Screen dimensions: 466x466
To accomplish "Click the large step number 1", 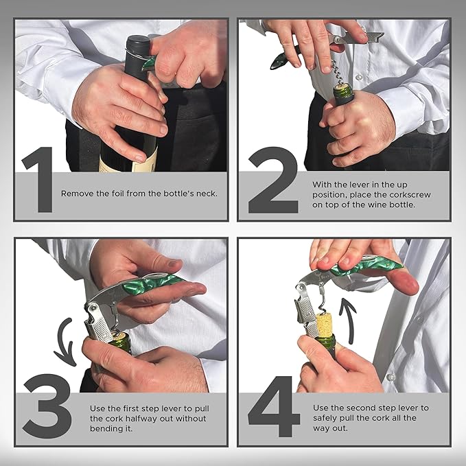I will pyautogui.click(x=40, y=179).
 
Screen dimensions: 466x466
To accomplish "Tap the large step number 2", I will pyautogui.click(x=272, y=179).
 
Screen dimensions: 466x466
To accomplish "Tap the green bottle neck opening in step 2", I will pyautogui.click(x=342, y=90).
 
